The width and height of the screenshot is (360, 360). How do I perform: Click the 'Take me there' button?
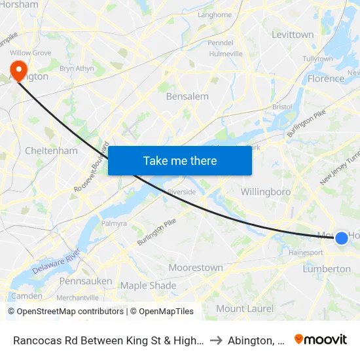[180, 160]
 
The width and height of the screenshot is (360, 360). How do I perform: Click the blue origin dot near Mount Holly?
[342, 238]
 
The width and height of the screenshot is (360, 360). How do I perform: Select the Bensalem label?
[187, 96]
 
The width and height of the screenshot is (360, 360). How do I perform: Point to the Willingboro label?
[265, 192]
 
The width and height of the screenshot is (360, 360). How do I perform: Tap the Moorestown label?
[196, 267]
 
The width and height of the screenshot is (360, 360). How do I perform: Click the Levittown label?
[293, 34]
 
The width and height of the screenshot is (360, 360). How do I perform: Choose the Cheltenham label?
[51, 151]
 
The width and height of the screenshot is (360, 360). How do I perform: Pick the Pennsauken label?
[86, 281]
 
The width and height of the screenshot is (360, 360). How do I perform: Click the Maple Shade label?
[148, 285]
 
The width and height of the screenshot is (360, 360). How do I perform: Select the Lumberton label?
[327, 269]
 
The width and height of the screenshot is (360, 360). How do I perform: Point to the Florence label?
[325, 79]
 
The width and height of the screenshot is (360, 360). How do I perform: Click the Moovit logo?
[321, 339]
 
